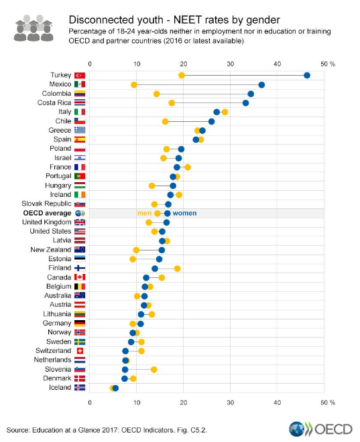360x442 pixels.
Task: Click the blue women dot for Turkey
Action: pos(307,76)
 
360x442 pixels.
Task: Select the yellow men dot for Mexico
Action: pos(134,85)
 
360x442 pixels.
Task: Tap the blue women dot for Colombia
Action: pos(251,94)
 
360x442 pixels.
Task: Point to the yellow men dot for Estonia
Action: pos(133,259)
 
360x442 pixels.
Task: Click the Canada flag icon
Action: pos(80,277)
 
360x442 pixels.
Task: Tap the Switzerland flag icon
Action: pos(80,350)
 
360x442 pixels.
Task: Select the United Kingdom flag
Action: pos(80,222)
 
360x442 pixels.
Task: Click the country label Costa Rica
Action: pos(53,102)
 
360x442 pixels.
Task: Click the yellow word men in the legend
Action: pos(144,213)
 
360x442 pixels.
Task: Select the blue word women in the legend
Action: pos(185,213)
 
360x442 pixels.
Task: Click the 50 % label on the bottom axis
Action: pos(327,402)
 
